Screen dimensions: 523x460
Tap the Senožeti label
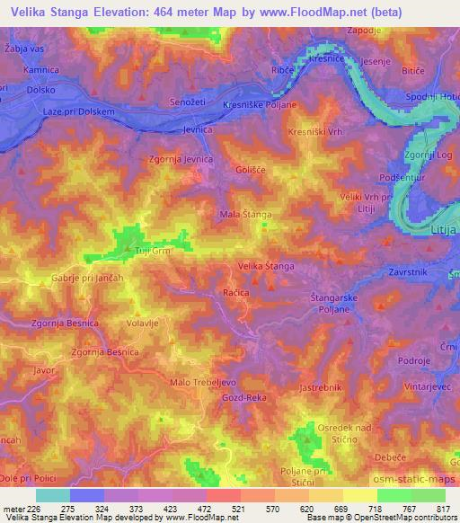coord(190,104)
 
